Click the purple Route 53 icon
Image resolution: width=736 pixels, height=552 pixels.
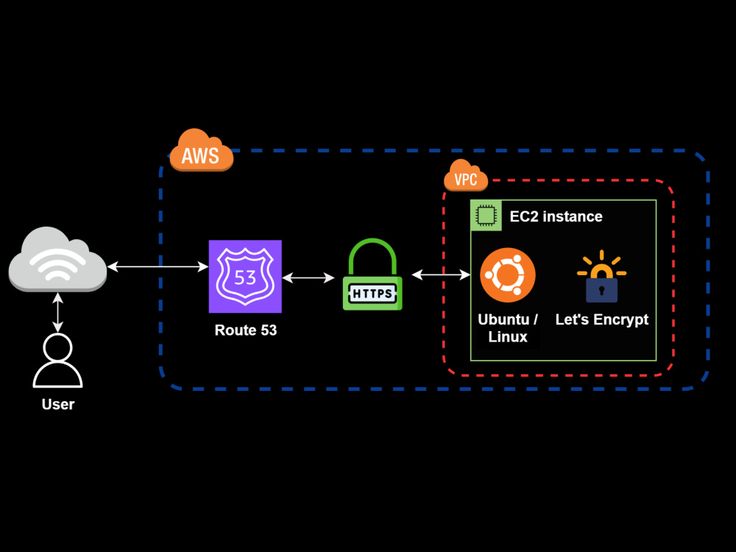tap(245, 276)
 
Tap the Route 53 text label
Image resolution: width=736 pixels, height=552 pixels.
tap(246, 330)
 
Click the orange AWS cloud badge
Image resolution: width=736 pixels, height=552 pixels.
tap(201, 152)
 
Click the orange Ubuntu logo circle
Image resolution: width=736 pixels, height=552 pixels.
tap(507, 275)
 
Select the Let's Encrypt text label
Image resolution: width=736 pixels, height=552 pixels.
tap(601, 319)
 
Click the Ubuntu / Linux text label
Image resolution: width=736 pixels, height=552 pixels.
tap(507, 328)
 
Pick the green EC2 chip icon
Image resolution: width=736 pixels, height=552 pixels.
tap(486, 216)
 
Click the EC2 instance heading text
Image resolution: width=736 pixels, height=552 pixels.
tap(556, 216)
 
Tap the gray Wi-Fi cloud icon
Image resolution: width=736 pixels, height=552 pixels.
tap(57, 260)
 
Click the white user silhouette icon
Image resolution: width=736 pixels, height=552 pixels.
tap(57, 361)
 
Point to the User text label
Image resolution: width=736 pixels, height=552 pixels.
tap(57, 404)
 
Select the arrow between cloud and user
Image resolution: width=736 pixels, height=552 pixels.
tap(57, 312)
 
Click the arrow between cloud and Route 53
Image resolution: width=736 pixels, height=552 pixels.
tap(158, 266)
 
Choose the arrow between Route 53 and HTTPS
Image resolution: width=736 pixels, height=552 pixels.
tap(308, 277)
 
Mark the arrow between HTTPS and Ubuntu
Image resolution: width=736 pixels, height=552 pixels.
tap(441, 275)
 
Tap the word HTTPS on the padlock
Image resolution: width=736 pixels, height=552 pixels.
tap(372, 294)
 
